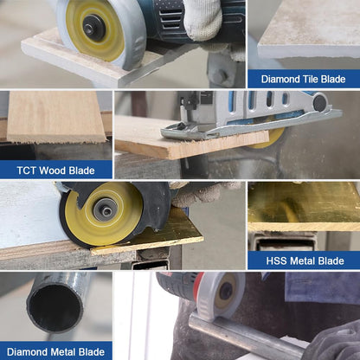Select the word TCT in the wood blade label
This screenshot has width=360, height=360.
coord(27,170)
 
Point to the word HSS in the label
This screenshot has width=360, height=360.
coord(277,260)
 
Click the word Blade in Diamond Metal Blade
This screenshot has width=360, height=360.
coord(92,352)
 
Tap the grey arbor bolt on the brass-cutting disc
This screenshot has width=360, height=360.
coord(106,210)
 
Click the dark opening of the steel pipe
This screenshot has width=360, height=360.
coord(55,307)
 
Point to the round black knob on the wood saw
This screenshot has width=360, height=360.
coord(320,103)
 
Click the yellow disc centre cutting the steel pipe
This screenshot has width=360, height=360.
coord(224,291)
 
